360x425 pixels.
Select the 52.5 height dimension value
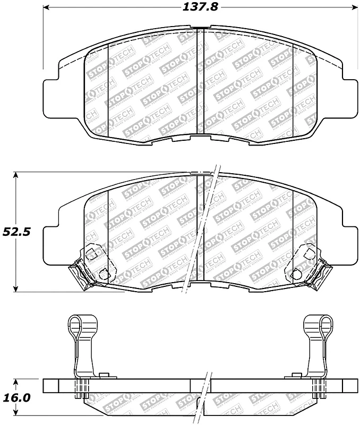click(18, 232)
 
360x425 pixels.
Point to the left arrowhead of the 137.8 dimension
click(47, 8)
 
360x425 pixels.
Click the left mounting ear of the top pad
click(51, 97)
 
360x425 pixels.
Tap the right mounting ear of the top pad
click(348, 97)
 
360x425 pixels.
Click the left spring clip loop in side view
click(78, 325)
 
